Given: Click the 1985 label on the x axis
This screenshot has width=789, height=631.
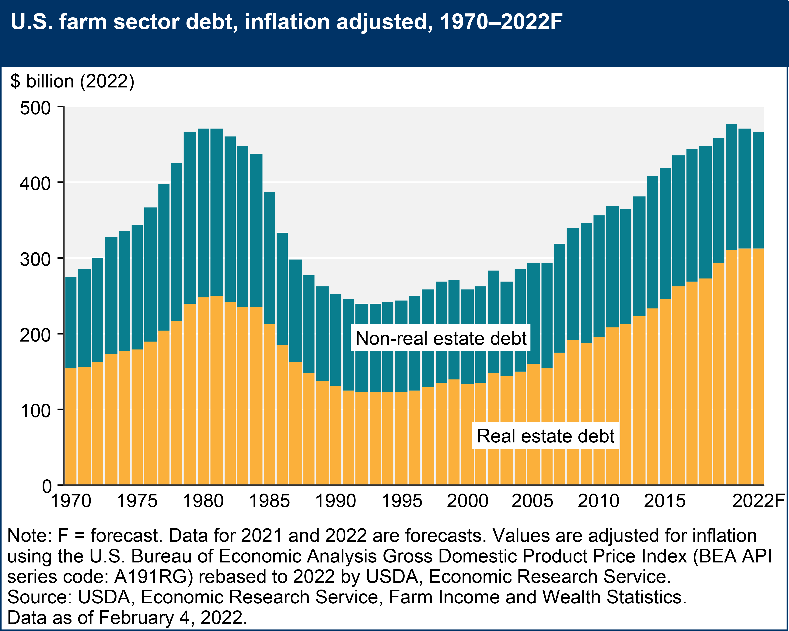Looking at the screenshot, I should pos(269,501).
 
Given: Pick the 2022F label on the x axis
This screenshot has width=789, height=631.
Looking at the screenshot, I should pos(758,501).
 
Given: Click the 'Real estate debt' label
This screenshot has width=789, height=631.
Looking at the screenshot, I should pos(545,436).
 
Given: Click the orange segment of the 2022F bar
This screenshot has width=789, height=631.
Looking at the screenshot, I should pos(758,366).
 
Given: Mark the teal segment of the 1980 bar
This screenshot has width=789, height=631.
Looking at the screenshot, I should pos(203,212).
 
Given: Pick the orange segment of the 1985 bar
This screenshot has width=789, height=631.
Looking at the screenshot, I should pos(269,403).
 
